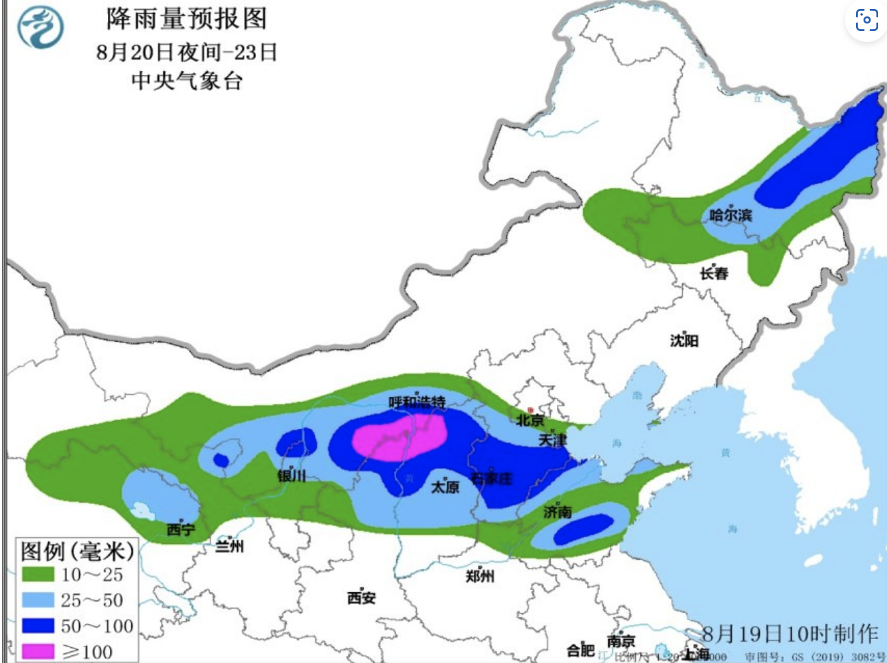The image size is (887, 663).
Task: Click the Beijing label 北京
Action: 530,420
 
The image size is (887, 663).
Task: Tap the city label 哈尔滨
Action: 730,215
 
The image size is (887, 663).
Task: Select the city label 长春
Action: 714,274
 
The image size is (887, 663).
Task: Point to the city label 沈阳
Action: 684,340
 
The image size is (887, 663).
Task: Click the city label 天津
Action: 552,439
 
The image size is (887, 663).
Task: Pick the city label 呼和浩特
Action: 417,402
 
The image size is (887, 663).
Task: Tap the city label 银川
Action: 292,475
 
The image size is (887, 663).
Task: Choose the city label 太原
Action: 445,487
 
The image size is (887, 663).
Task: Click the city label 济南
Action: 557,512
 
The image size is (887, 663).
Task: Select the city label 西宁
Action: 180,530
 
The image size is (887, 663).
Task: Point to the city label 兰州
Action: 229,547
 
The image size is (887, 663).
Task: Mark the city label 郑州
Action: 479,576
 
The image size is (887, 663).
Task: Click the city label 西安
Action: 361,598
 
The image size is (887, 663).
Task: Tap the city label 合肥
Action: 580,649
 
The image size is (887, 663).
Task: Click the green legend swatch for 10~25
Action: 38,574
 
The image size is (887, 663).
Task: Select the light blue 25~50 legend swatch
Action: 38,600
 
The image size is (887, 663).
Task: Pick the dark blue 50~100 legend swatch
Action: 38,625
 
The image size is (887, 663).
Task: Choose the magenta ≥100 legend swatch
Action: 38,651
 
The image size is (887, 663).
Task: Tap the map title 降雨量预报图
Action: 186,19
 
